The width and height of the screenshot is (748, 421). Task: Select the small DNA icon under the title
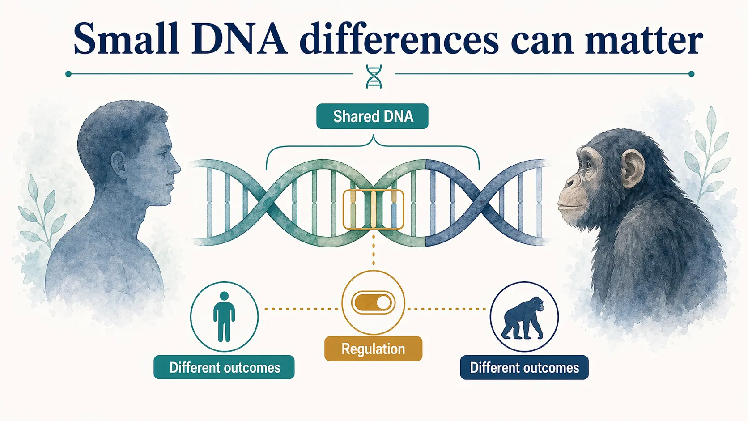pos(374,76)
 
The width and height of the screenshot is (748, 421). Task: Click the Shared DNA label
pos(372,116)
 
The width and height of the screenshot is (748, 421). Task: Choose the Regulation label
pos(373,349)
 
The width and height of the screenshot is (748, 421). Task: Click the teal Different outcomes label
pos(224,367)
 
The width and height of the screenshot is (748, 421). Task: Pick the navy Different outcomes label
pos(524,367)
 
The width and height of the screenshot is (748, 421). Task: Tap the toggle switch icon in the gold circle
pos(373,303)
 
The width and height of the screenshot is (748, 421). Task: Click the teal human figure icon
pos(224,316)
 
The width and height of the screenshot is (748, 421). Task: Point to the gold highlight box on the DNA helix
pos(373,209)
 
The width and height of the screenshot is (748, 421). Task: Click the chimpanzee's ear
pos(632,169)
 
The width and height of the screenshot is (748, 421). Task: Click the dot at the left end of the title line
pos(68,74)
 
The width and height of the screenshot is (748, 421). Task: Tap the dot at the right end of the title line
pos(691,74)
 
